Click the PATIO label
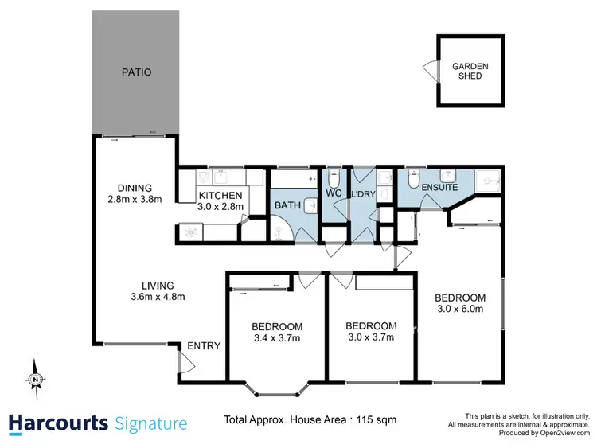(136, 72)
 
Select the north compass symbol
(36, 380)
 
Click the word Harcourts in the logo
(58, 423)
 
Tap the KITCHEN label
(220, 196)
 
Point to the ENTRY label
(204, 345)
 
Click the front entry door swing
(185, 364)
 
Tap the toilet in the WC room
(334, 177)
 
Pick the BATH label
(287, 205)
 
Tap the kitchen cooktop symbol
(191, 232)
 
